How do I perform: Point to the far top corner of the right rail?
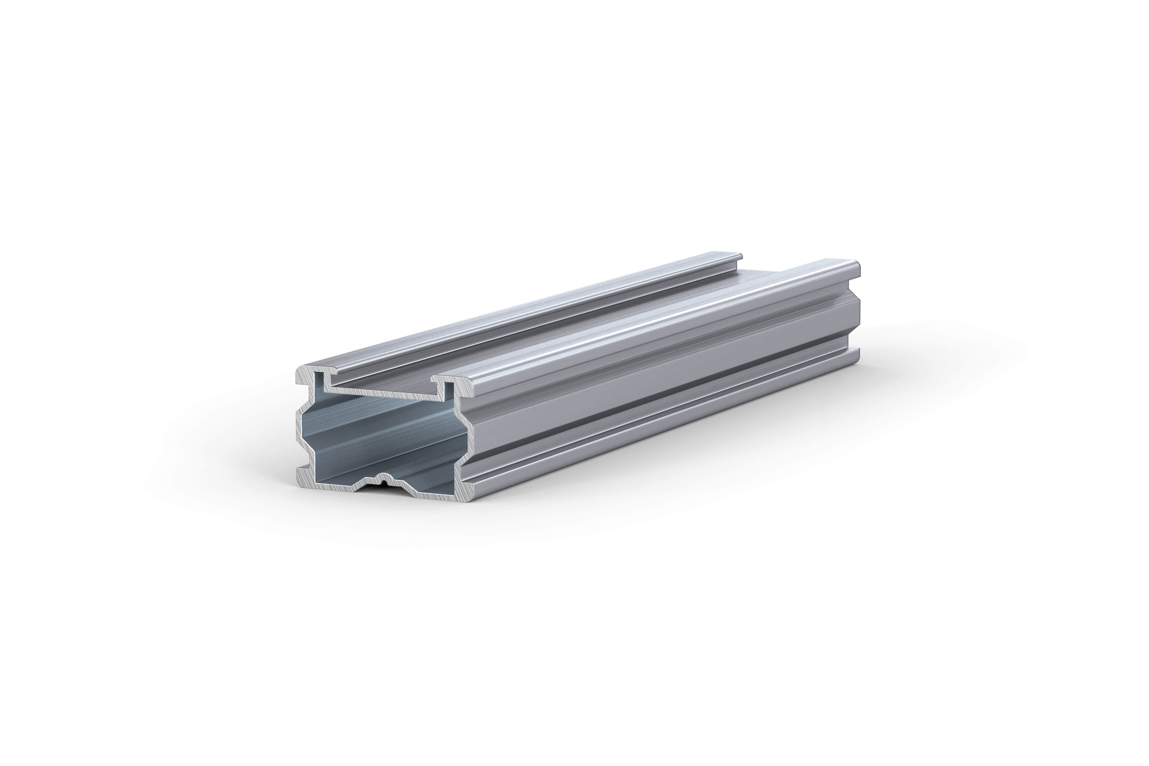point(859,266)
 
